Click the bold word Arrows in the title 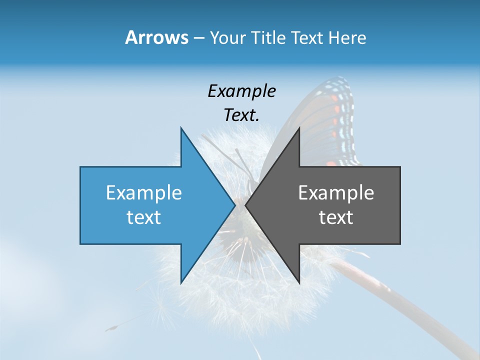(x=157, y=37)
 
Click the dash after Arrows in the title (x=198, y=38)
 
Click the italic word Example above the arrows (x=241, y=91)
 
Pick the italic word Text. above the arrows (x=241, y=115)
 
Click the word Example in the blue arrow (x=144, y=192)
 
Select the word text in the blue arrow (x=144, y=217)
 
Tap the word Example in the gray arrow (x=336, y=192)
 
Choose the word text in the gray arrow (x=336, y=217)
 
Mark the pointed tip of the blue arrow (x=235, y=205)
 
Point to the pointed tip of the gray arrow (x=245, y=205)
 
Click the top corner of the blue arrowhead (x=181, y=128)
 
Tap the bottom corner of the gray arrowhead (x=299, y=283)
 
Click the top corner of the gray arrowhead (x=299, y=128)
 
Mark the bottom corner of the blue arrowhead (x=181, y=283)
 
